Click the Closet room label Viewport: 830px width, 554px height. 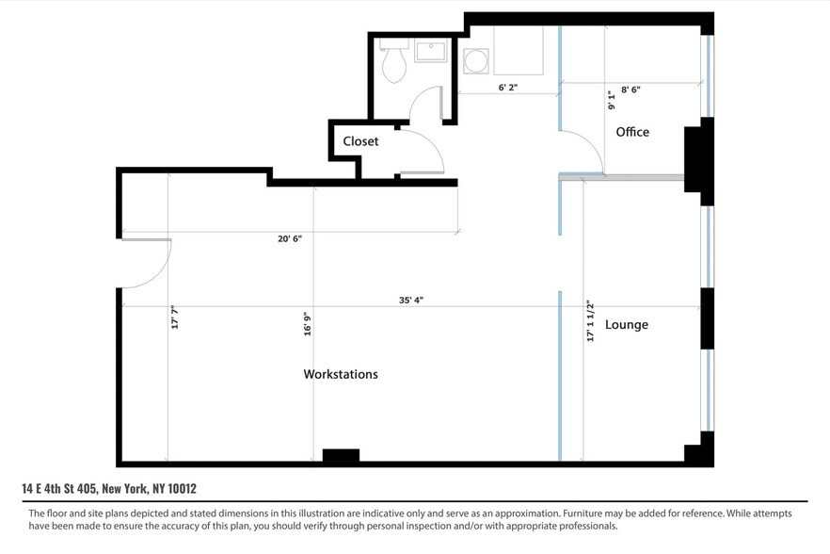click(360, 141)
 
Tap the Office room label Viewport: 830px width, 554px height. click(632, 132)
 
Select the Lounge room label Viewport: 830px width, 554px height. click(626, 325)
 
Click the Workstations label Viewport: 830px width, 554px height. click(341, 374)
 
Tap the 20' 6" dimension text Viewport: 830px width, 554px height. click(289, 238)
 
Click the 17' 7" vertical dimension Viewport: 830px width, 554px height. click(174, 316)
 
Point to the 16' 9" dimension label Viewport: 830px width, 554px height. click(307, 323)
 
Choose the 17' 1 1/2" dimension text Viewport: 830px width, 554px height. click(590, 320)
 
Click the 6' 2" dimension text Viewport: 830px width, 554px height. click(508, 88)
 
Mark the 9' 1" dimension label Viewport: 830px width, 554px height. click(611, 99)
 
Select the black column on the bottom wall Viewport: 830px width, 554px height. click(341, 456)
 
